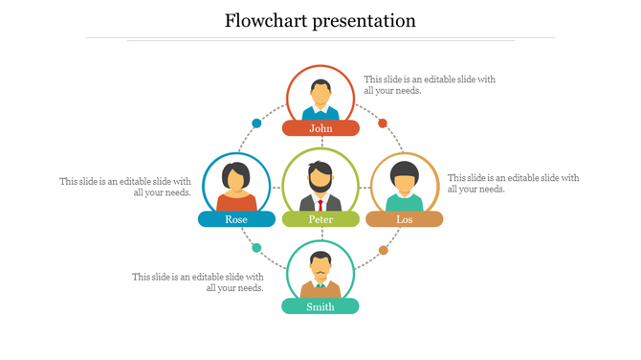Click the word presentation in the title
[x=363, y=21]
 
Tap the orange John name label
[x=320, y=128]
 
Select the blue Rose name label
[x=236, y=219]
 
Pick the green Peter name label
[x=320, y=219]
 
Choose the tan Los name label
[x=405, y=219]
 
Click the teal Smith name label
[x=320, y=306]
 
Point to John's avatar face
[x=320, y=93]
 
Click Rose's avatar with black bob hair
[x=236, y=181]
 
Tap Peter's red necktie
[x=320, y=204]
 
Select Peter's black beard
[x=320, y=183]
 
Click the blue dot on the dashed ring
[x=256, y=124]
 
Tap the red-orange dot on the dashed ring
[x=383, y=124]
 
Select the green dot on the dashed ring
[x=256, y=248]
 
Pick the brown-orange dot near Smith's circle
[x=384, y=251]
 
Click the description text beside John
[x=430, y=85]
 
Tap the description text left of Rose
[x=125, y=187]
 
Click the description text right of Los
[x=513, y=183]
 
